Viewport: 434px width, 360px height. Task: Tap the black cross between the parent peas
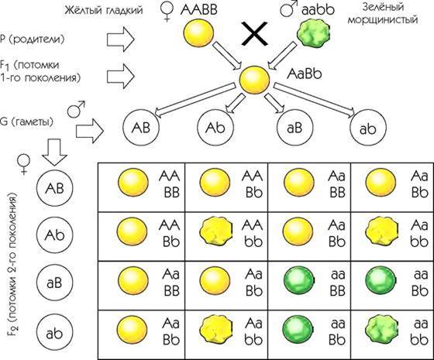255,34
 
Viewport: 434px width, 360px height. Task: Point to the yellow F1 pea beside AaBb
254,80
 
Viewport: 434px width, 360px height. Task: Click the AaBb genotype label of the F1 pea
304,74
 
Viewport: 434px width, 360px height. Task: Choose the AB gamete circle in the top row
141,128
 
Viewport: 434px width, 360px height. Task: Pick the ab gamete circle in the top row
368,129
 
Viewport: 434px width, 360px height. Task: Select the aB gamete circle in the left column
55,283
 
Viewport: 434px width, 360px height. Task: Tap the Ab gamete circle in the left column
55,235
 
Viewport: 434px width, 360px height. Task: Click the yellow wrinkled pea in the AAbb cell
216,232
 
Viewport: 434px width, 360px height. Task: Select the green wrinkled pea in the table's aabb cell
381,331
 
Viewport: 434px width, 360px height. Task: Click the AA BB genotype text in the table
170,184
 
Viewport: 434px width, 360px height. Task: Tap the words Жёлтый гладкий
104,10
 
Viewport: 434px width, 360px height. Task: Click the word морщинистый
383,20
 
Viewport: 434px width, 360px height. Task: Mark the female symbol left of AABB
167,11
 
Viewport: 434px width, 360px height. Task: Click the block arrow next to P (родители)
121,39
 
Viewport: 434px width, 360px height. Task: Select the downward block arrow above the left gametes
54,153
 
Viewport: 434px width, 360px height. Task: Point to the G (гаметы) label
26,122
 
